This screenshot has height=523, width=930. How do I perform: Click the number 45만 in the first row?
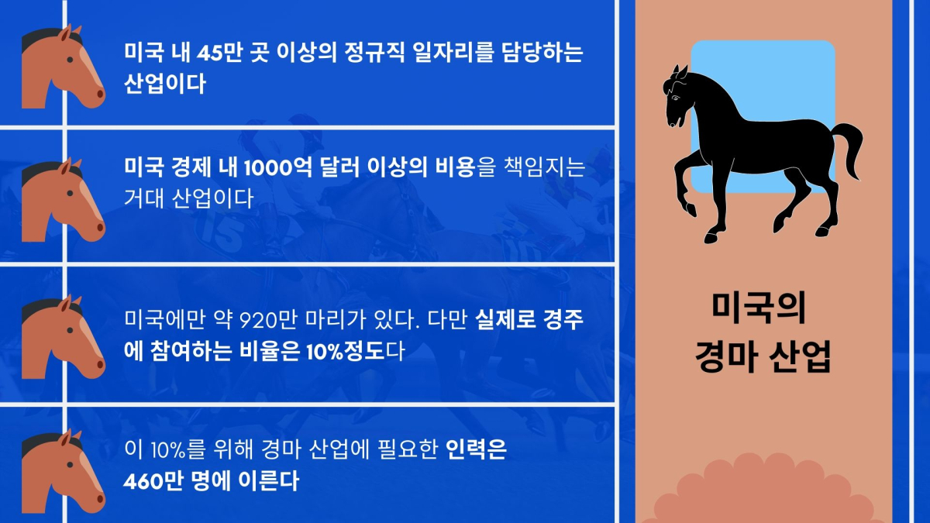click(x=219, y=53)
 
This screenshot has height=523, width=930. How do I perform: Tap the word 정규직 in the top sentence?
click(x=374, y=53)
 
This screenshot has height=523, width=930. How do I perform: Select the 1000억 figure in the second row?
click(x=277, y=168)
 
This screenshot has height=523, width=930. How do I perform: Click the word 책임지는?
click(x=544, y=168)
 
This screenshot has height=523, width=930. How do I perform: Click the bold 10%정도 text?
click(x=346, y=352)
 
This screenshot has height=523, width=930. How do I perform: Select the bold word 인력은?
click(x=476, y=450)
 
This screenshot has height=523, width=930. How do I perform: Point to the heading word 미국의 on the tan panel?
click(x=759, y=308)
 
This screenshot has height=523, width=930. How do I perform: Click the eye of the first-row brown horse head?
click(x=70, y=60)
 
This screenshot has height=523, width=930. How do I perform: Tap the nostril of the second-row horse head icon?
click(x=100, y=228)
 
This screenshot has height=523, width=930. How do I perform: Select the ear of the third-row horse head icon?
click(x=66, y=305)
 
